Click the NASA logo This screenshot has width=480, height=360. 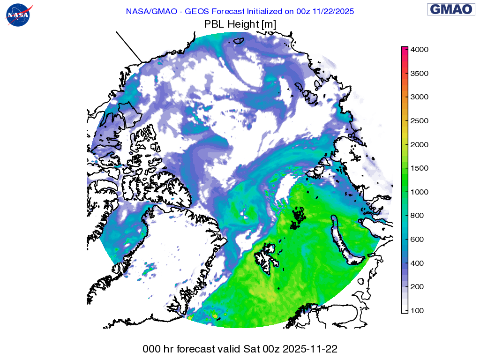pos(19,15)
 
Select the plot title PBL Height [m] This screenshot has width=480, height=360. pos(240,24)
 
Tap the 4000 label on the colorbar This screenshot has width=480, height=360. pos(420,50)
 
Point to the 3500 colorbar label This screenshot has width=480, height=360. pos(420,74)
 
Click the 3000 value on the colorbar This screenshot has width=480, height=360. pos(420,97)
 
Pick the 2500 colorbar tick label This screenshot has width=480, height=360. pos(420,121)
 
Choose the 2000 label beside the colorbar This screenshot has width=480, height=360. pos(420,145)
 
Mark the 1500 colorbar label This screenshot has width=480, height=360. pos(420,168)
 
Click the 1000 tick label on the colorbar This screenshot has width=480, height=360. pos(420,192)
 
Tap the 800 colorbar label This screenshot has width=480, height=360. pos(418,216)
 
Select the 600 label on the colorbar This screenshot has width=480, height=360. pos(418,240)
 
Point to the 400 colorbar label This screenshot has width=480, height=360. pos(418,263)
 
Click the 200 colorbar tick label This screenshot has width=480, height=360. pos(418,287)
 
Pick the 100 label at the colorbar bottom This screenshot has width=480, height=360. pos(418,311)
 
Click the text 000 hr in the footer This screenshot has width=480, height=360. pos(158,349)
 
